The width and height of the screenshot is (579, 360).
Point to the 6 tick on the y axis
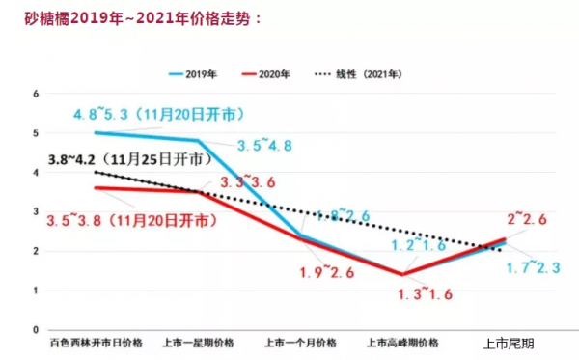[35, 94]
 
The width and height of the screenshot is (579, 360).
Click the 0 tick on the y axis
[35, 330]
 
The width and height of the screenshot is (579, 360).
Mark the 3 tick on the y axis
[35, 211]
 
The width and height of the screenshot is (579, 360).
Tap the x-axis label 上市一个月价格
[302, 344]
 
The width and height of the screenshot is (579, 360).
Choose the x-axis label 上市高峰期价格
[403, 344]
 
